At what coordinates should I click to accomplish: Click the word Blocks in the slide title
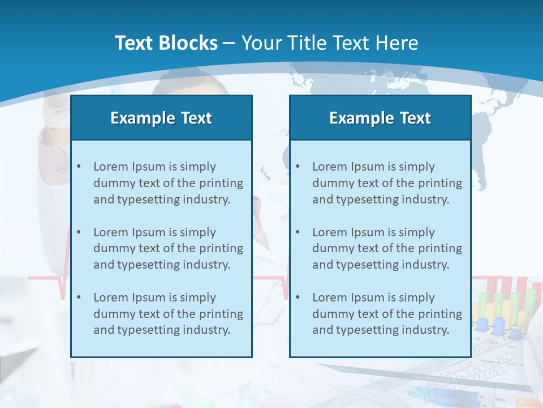click(189, 43)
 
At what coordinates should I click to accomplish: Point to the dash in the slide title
click(229, 44)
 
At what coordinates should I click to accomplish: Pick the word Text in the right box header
click(416, 118)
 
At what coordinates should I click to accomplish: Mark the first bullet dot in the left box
click(79, 167)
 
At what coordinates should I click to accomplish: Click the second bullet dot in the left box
click(79, 232)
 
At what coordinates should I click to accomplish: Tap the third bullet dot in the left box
click(79, 297)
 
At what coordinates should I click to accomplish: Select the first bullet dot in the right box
click(298, 167)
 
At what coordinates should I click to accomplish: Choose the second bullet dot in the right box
click(298, 232)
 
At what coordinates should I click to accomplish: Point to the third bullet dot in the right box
click(298, 297)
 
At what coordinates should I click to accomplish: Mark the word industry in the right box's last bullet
click(428, 330)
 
